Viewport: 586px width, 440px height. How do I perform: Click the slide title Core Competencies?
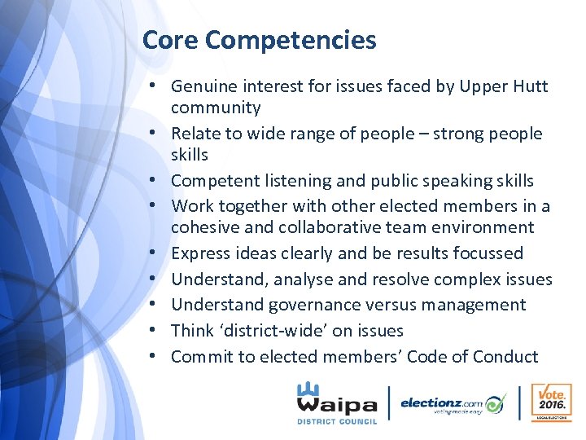(x=259, y=39)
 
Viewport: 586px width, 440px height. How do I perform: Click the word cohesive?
(x=203, y=227)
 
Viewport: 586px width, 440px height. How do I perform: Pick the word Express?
(x=199, y=253)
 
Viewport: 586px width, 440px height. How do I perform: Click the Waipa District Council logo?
(x=337, y=402)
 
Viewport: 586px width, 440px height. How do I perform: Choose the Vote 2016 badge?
(x=550, y=403)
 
